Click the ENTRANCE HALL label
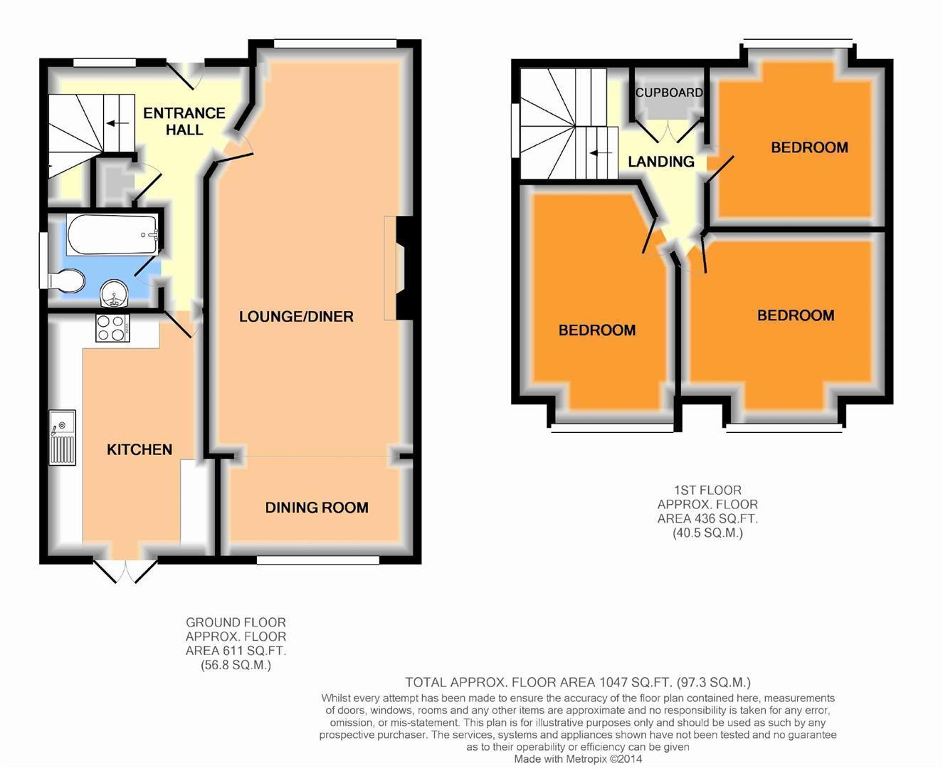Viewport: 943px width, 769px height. click(x=184, y=121)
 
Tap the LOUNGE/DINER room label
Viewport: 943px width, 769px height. click(x=296, y=317)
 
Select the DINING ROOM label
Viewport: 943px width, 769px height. click(x=317, y=508)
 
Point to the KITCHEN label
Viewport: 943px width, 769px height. click(x=139, y=449)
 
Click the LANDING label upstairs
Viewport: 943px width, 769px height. click(x=660, y=162)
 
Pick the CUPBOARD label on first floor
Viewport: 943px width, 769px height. click(x=669, y=93)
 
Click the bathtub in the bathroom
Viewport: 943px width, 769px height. click(x=112, y=235)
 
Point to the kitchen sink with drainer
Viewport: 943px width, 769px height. click(x=63, y=437)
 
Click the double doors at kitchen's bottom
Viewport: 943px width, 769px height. click(x=125, y=571)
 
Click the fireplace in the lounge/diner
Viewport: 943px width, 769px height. click(x=395, y=268)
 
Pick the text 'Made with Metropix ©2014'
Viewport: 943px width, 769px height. click(x=578, y=759)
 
